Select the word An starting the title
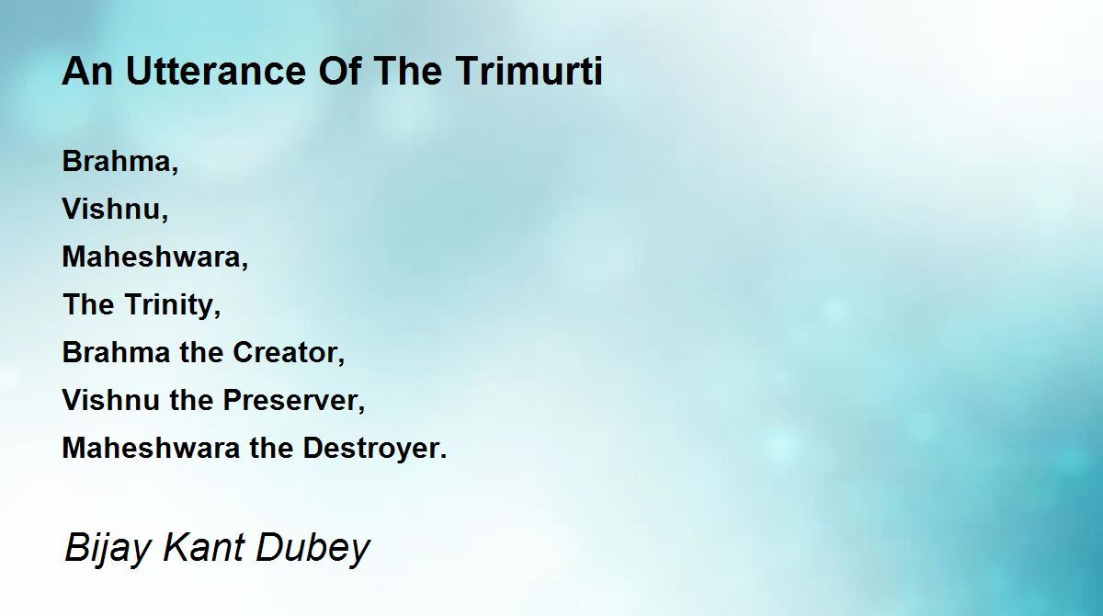point(87,71)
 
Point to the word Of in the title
point(340,71)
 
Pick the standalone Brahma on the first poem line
point(116,161)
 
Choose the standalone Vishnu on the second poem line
point(111,209)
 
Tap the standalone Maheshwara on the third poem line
point(151,257)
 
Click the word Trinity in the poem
point(169,305)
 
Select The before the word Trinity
point(88,304)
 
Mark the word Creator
point(285,352)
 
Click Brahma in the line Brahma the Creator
point(116,352)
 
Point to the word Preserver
point(290,400)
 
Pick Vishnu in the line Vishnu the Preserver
point(111,400)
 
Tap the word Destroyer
point(370,448)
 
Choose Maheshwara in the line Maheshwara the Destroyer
point(151,448)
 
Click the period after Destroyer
point(444,456)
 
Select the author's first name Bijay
point(107,548)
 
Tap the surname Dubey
point(313,548)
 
